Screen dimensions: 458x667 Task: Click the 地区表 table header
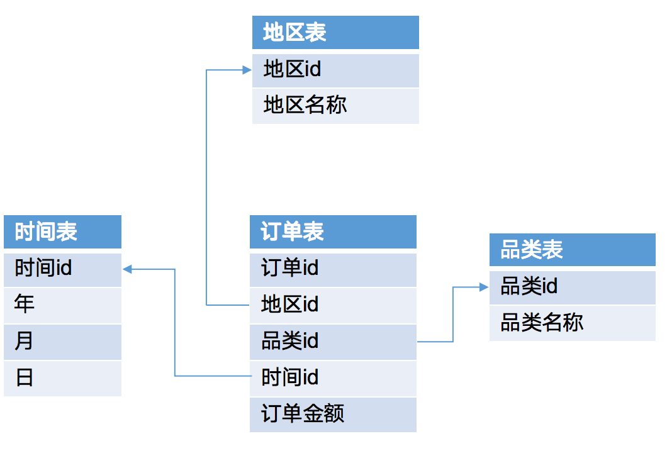(335, 33)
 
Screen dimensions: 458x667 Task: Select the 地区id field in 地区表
(335, 70)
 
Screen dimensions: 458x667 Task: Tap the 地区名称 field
(335, 106)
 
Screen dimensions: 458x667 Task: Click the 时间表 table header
(62, 232)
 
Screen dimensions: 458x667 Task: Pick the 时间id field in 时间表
(62, 269)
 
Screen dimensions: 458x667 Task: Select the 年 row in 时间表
(62, 305)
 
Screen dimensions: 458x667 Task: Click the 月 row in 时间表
(62, 342)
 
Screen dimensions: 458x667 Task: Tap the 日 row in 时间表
(62, 378)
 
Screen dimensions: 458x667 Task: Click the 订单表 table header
(333, 232)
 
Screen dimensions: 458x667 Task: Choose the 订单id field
(333, 269)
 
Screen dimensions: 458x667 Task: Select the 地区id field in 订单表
(333, 305)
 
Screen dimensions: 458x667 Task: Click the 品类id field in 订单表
(333, 342)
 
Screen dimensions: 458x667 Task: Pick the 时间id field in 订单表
(333, 378)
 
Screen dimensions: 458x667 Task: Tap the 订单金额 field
(333, 415)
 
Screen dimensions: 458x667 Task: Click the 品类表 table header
(572, 250)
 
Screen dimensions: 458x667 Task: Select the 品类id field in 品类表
(572, 287)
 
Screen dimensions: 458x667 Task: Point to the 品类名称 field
(572, 323)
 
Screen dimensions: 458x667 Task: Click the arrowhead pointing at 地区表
(247, 70)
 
